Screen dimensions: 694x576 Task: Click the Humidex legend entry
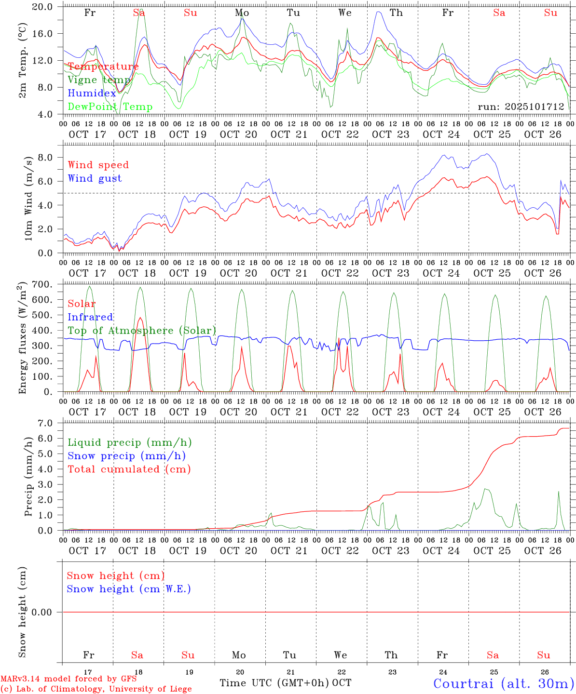pyautogui.click(x=92, y=93)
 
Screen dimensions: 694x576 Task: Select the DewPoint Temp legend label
pyautogui.click(x=110, y=107)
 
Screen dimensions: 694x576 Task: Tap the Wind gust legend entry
pyautogui.click(x=95, y=178)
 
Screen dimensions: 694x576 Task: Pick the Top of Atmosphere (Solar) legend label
pyautogui.click(x=142, y=331)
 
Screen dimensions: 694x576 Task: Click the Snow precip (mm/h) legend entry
pyautogui.click(x=126, y=456)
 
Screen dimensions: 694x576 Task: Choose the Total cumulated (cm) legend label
pyautogui.click(x=129, y=469)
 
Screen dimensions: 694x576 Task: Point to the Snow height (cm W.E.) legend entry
pyautogui.click(x=128, y=589)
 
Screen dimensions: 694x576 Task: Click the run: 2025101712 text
pyautogui.click(x=521, y=107)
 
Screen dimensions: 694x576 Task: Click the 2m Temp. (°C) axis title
pyautogui.click(x=23, y=60)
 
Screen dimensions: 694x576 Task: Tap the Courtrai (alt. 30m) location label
pyautogui.click(x=504, y=683)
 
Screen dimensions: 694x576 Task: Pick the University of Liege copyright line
pyautogui.click(x=96, y=689)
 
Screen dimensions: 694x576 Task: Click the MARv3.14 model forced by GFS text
pyautogui.click(x=69, y=679)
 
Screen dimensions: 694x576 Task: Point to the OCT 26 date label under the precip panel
pyautogui.click(x=543, y=550)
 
